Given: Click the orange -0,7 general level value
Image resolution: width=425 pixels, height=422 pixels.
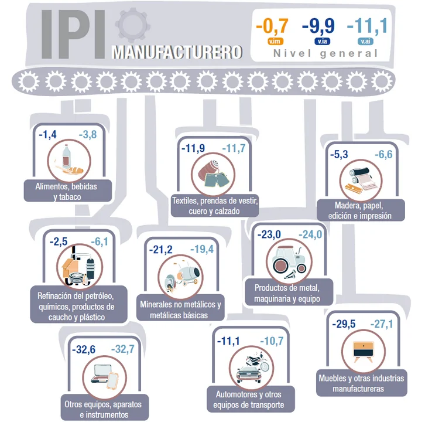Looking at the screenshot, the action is [x=272, y=26].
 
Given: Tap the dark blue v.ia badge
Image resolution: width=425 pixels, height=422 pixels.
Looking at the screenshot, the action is [x=323, y=41].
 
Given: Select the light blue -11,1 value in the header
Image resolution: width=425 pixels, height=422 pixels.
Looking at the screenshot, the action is [x=367, y=26].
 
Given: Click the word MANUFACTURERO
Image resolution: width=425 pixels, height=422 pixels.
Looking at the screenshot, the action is [x=177, y=52].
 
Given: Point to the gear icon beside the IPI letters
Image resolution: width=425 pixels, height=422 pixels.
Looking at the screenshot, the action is [x=132, y=25].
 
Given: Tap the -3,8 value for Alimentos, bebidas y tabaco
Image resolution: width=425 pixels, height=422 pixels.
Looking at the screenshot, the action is [x=88, y=134].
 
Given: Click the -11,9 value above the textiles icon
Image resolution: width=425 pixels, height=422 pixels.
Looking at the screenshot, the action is [x=193, y=148].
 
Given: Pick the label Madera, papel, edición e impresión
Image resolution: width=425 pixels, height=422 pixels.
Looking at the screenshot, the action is [x=361, y=210].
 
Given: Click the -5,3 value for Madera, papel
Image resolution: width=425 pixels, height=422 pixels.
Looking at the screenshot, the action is [x=339, y=154].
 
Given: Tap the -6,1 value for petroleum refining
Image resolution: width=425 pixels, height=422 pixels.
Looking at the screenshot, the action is [x=100, y=241].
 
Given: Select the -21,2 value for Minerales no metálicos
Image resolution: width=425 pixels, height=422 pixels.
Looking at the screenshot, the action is [x=161, y=250].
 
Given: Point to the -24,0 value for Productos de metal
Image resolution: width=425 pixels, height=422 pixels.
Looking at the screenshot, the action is [x=310, y=234].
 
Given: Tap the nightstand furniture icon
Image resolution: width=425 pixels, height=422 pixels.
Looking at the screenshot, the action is [x=364, y=352].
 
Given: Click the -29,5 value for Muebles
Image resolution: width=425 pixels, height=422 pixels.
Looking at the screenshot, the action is [x=344, y=324].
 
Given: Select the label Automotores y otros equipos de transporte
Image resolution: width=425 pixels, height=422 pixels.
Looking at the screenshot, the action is [x=249, y=400].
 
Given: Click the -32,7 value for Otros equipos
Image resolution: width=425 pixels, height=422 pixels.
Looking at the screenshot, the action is [x=123, y=349].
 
